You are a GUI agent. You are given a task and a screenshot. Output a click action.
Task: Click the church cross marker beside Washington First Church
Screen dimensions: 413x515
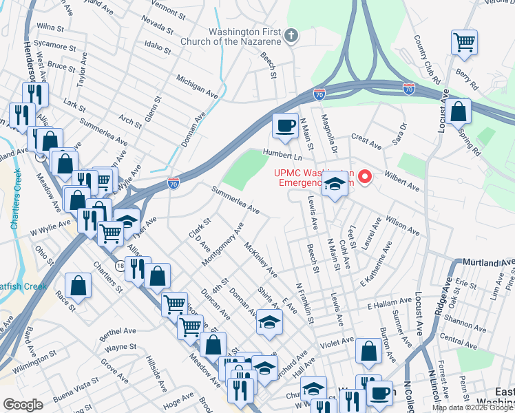pos(291,35)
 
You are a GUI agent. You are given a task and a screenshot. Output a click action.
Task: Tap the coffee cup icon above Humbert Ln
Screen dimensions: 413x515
pos(284,125)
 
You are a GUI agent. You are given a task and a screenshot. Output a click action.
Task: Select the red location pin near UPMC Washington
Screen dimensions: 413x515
pos(367,177)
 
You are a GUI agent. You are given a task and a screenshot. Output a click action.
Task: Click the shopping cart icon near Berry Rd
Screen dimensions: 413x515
pos(465,42)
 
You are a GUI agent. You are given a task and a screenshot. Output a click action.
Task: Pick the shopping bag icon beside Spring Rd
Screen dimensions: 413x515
pos(458,111)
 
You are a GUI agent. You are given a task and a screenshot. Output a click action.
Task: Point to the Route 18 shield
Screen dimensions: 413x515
pos(120,266)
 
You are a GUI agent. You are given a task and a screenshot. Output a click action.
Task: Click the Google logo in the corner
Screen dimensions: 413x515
pos(23,405)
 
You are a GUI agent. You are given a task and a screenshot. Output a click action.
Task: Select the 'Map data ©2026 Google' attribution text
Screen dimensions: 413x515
pos(472,407)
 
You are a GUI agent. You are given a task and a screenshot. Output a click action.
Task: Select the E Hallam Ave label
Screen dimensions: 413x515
pos(389,305)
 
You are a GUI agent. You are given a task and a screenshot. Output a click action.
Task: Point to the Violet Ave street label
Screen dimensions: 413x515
pos(337,340)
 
